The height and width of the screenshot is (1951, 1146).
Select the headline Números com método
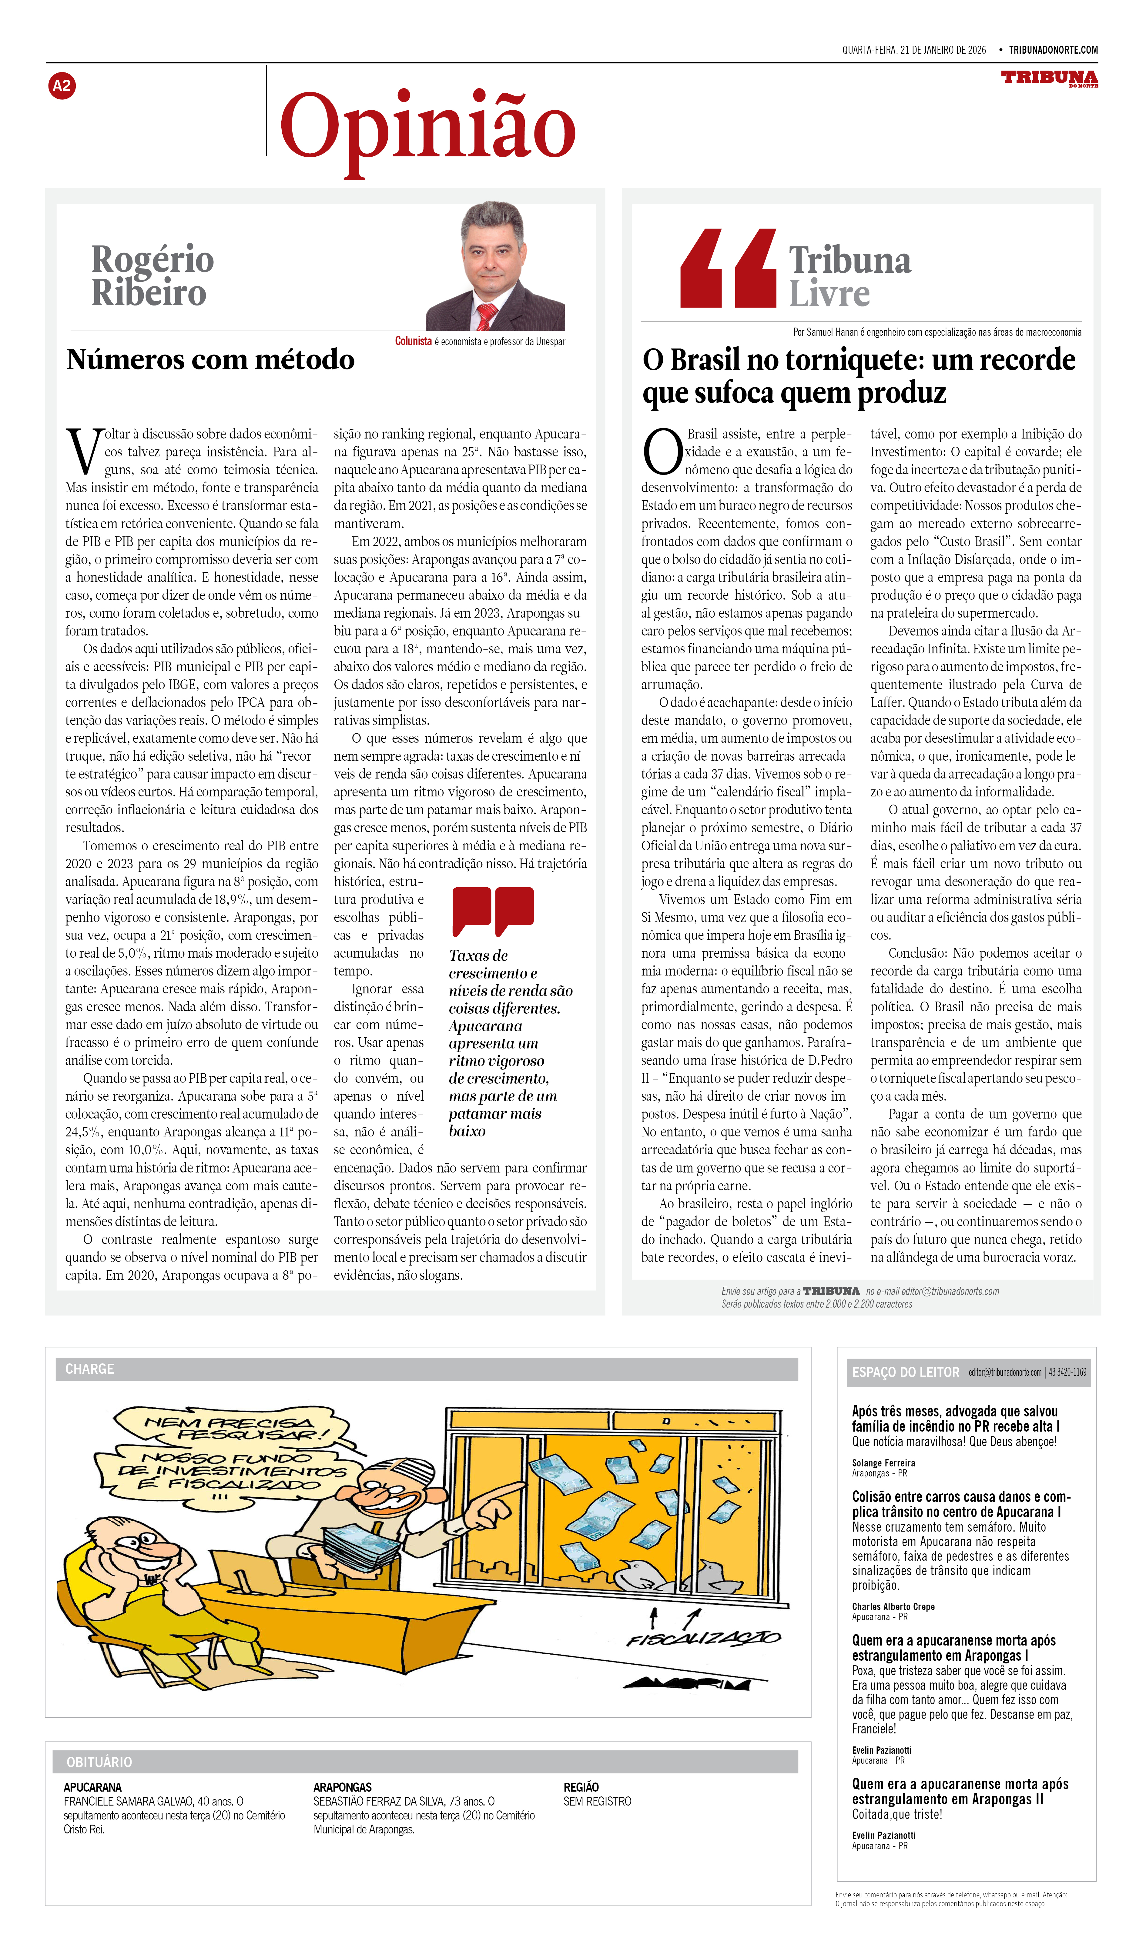click(x=211, y=360)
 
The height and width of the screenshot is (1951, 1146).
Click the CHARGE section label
click(x=90, y=1369)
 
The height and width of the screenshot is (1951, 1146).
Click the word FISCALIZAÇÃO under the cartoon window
click(x=703, y=1639)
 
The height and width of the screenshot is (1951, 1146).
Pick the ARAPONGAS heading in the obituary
click(x=342, y=1787)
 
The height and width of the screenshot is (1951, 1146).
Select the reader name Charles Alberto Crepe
click(x=893, y=1606)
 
